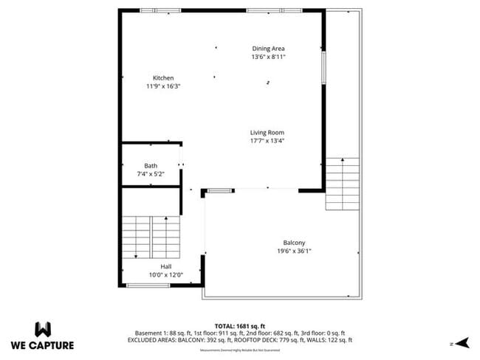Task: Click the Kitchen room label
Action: pyautogui.click(x=163, y=78)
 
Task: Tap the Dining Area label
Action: pyautogui.click(x=268, y=49)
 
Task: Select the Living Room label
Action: pyautogui.click(x=267, y=133)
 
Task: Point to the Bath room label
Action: pyautogui.click(x=151, y=166)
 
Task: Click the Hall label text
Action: pyautogui.click(x=166, y=266)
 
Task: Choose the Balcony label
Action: pyautogui.click(x=294, y=243)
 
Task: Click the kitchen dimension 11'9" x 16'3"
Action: pyautogui.click(x=163, y=86)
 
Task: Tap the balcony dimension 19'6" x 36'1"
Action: pyautogui.click(x=294, y=251)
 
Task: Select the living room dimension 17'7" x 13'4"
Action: pyautogui.click(x=267, y=141)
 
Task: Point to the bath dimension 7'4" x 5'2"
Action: pyautogui.click(x=151, y=174)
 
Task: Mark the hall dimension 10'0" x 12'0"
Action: pyautogui.click(x=166, y=274)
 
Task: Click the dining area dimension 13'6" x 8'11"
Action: pyautogui.click(x=268, y=57)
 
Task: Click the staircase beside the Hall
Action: pyautogui.click(x=151, y=236)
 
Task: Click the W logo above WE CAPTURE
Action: pyautogui.click(x=43, y=328)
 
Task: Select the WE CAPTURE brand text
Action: pyautogui.click(x=43, y=345)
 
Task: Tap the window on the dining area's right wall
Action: pyautogui.click(x=323, y=67)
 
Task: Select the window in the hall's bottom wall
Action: pyautogui.click(x=148, y=285)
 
